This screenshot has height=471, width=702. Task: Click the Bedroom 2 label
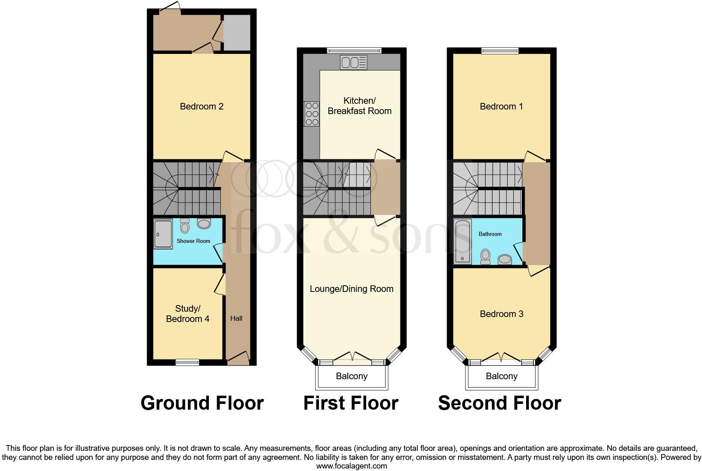click(x=201, y=107)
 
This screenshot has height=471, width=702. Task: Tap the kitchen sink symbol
click(x=353, y=63)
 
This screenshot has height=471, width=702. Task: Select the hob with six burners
click(x=311, y=114)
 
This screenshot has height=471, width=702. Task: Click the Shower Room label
click(x=193, y=241)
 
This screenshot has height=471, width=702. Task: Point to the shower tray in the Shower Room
click(x=163, y=234)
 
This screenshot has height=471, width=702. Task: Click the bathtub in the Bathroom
click(x=462, y=241)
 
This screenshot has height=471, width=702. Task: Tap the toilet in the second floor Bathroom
click(x=485, y=256)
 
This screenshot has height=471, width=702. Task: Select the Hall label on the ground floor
click(x=236, y=318)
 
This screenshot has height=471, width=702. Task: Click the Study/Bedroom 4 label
click(x=187, y=314)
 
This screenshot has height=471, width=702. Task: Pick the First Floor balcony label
click(x=351, y=376)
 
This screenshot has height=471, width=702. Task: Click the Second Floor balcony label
click(x=501, y=376)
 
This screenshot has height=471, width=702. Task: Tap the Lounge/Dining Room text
click(x=351, y=289)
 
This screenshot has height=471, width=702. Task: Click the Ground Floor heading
click(x=202, y=403)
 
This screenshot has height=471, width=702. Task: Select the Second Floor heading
click(x=499, y=403)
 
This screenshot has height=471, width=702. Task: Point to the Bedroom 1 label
click(x=501, y=107)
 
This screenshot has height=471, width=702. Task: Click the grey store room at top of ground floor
click(x=237, y=33)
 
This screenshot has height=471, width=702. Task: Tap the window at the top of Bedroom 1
click(x=500, y=51)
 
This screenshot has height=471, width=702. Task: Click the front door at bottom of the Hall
click(x=238, y=358)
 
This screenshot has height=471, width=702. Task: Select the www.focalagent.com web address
click(x=351, y=466)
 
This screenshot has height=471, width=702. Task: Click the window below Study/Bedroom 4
click(x=187, y=362)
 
